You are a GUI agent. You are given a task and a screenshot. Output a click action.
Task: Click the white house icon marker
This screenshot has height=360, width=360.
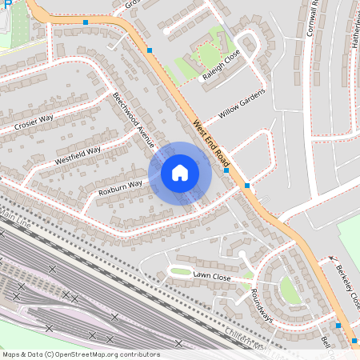coord(180,172)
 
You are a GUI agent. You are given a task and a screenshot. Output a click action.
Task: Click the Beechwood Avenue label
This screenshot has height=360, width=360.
coord(133,121)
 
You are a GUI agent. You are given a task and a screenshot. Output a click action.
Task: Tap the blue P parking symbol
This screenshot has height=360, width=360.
coord(6,5)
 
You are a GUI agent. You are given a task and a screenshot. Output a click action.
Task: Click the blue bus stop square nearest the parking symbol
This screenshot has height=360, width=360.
coord(86,22)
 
